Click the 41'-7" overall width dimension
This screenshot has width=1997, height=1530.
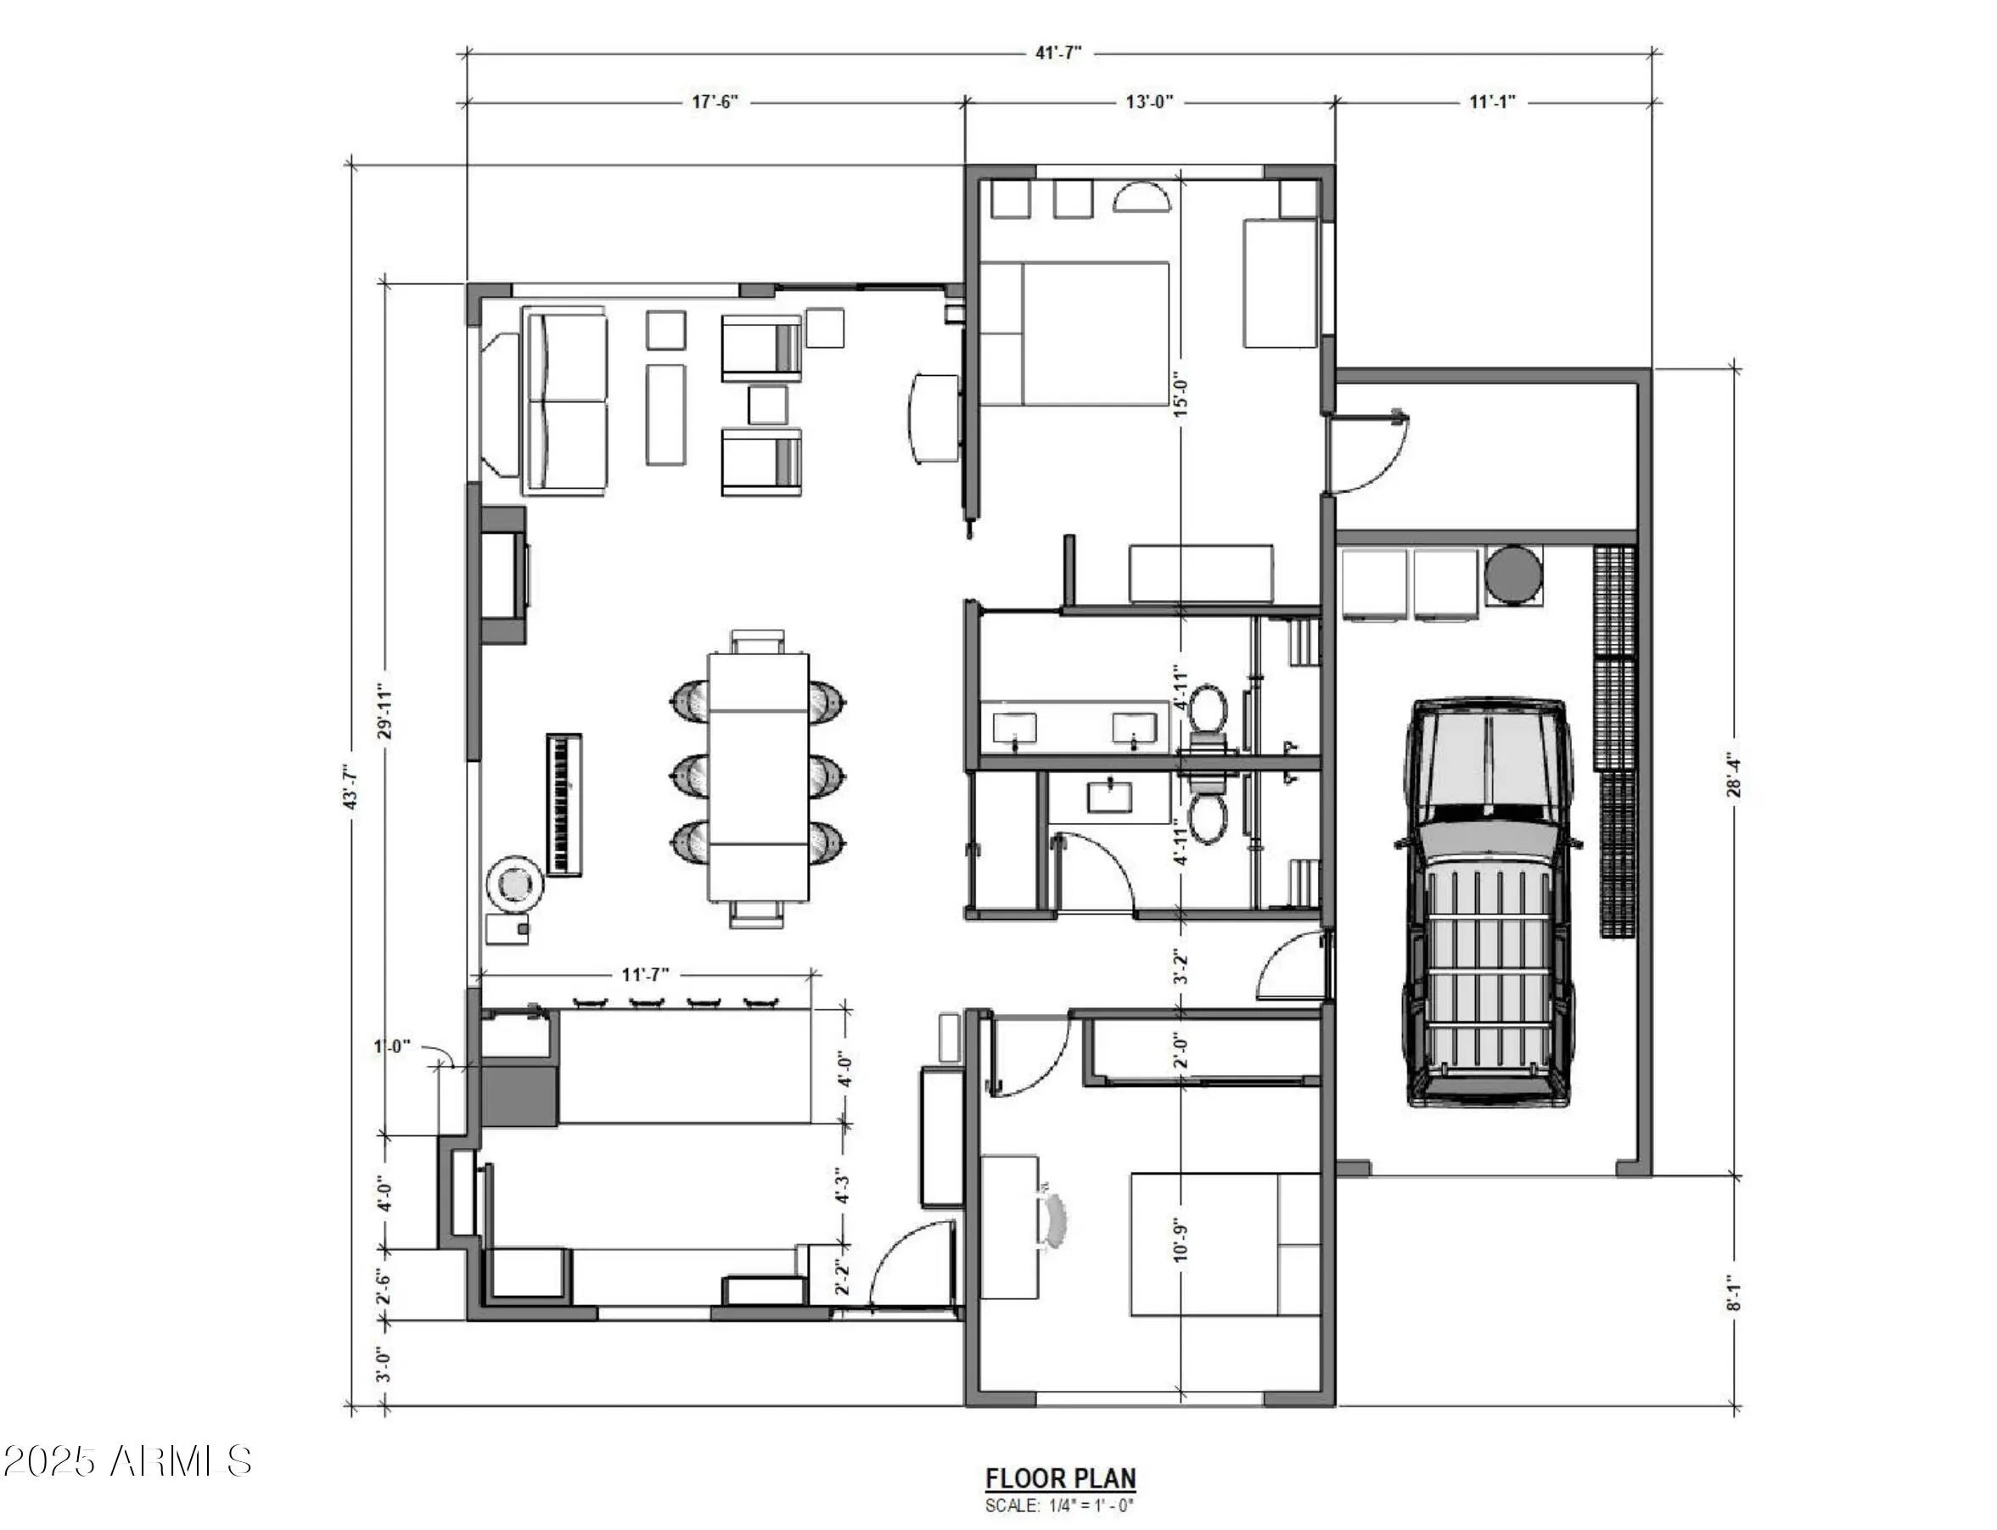click(1057, 52)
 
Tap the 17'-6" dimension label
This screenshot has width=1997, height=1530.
click(715, 101)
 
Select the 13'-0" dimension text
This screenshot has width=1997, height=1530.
click(1150, 101)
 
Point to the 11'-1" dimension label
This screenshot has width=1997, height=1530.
click(1492, 101)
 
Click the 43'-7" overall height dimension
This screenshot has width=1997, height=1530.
click(351, 786)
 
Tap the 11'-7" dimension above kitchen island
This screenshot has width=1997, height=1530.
click(646, 974)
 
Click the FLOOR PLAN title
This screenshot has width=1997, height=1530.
click(1061, 1477)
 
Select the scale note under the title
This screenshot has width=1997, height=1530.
click(1060, 1505)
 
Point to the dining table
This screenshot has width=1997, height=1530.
click(759, 776)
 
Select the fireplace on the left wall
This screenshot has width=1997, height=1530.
click(504, 575)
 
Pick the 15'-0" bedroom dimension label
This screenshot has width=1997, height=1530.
click(1181, 394)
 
